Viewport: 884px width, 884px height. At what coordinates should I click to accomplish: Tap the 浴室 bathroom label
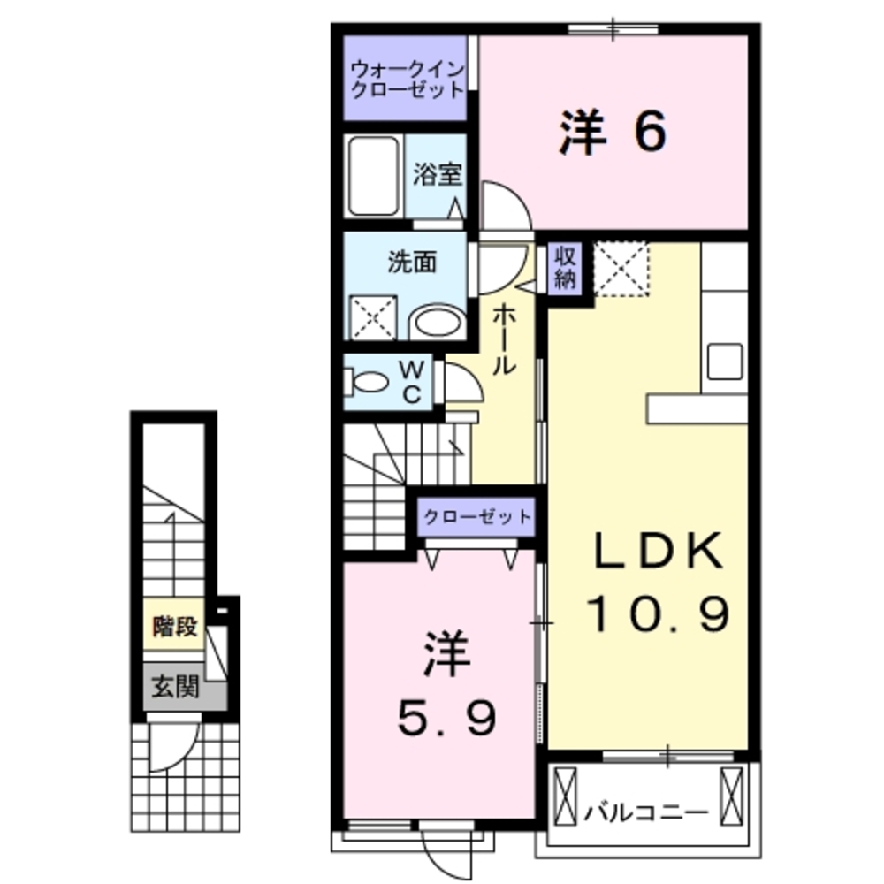click(437, 174)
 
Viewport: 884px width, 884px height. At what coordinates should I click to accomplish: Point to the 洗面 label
click(411, 263)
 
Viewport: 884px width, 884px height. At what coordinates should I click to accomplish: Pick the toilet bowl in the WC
click(370, 382)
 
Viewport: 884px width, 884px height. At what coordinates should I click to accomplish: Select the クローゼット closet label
click(476, 516)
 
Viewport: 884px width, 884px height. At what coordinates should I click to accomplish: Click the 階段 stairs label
click(174, 629)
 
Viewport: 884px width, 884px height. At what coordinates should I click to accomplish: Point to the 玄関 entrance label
click(173, 687)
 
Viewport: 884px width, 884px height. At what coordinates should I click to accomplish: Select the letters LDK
click(659, 553)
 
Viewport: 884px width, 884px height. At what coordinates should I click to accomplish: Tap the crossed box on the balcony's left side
click(565, 793)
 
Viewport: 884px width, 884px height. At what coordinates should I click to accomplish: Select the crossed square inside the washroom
click(375, 316)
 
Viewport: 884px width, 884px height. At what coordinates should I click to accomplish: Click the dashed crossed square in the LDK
click(621, 268)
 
